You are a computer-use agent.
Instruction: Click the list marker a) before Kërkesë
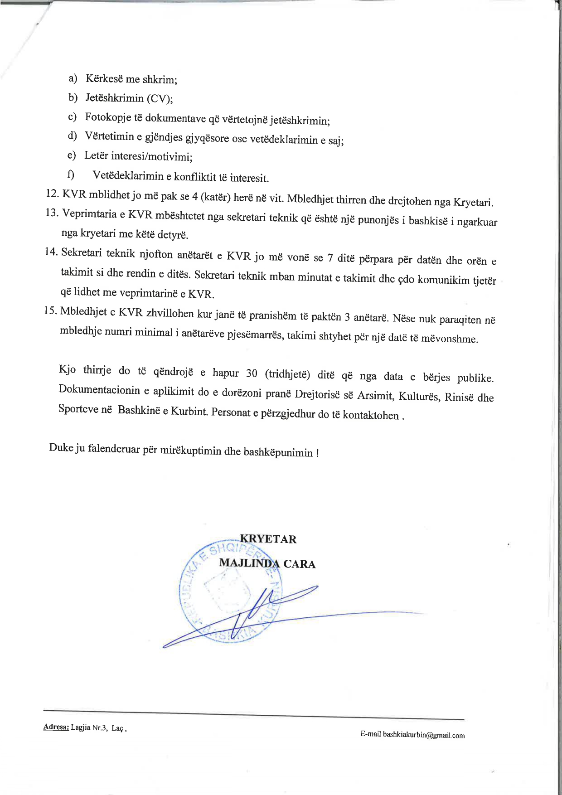73,78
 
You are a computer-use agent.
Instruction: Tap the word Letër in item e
96,155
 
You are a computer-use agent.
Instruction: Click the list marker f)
71,175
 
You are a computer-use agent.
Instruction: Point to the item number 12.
52,194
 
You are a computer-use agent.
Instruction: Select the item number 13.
52,213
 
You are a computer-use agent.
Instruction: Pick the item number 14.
51,252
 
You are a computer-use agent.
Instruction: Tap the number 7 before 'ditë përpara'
330,258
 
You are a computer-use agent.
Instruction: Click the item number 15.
50,310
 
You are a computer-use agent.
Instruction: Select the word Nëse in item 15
404,318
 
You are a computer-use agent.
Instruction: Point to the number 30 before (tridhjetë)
252,373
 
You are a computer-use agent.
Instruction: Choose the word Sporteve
78,409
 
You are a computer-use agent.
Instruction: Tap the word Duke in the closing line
61,447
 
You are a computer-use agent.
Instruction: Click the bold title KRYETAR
268,539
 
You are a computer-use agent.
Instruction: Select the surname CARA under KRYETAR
299,564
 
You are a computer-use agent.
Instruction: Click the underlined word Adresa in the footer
56,727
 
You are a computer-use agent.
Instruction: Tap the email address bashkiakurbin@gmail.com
424,735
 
